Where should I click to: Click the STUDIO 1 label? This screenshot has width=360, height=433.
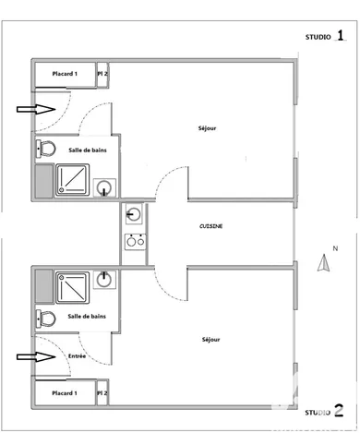[x=327, y=37]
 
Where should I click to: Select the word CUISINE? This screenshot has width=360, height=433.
[x=211, y=226]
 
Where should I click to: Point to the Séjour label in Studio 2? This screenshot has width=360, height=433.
[x=211, y=340]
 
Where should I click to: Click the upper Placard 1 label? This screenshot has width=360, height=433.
[x=64, y=74]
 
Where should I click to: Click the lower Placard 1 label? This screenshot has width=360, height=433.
[x=64, y=393]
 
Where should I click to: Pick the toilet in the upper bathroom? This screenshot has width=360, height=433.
[x=45, y=149]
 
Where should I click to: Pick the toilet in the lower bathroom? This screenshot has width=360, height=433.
[x=45, y=319]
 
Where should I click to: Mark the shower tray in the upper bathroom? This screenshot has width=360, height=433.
[x=72, y=179]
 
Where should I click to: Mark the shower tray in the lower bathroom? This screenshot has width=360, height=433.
[x=72, y=285]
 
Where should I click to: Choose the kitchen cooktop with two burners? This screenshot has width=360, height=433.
[x=135, y=244]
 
